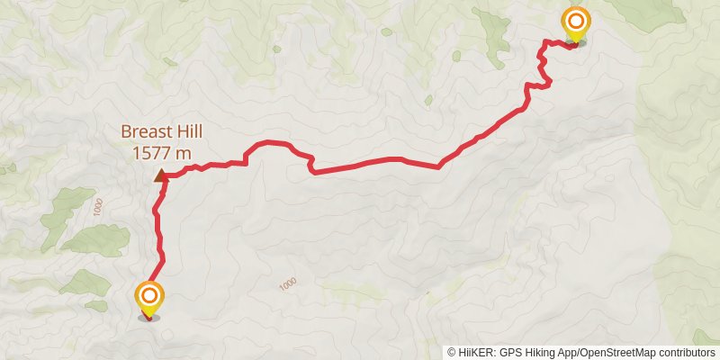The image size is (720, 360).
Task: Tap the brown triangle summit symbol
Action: click(x=161, y=176)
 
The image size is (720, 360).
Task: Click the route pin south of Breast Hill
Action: click(x=149, y=299)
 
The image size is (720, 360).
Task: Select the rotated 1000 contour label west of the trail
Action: click(x=97, y=207)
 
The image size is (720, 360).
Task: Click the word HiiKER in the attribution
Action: click(x=475, y=353)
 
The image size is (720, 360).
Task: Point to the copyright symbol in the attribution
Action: click(x=452, y=353)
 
